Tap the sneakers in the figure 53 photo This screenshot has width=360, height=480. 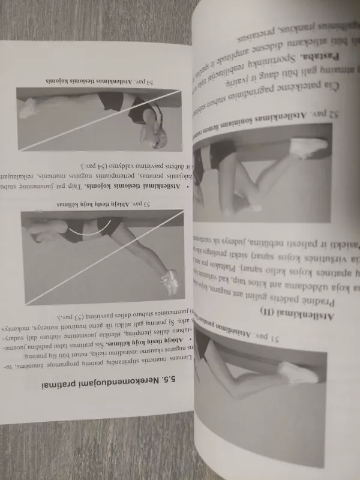click(x=170, y=281)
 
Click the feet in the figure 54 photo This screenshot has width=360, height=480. click(x=27, y=109)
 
